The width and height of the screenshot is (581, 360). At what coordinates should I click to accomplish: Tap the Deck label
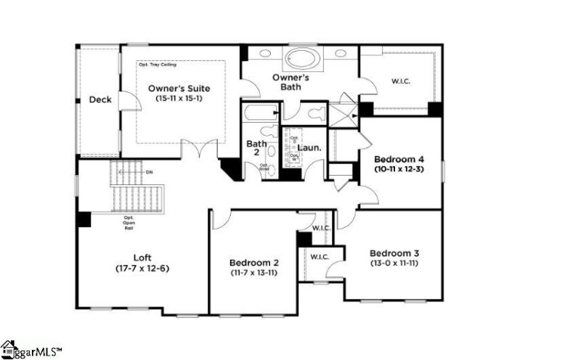tap(100, 99)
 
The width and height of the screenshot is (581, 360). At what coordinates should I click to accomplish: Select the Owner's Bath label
tap(291, 81)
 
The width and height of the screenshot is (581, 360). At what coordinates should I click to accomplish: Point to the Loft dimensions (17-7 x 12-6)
tap(142, 268)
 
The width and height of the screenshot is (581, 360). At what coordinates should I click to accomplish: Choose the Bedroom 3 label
tap(394, 253)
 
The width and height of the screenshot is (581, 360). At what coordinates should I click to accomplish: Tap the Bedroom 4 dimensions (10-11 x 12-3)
tap(399, 168)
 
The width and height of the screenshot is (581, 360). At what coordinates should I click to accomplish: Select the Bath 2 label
tap(256, 149)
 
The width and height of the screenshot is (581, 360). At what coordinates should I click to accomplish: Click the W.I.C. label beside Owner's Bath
tap(400, 81)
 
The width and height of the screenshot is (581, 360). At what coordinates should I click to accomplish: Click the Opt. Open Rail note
tap(129, 222)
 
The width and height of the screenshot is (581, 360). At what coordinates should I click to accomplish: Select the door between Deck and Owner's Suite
tap(129, 101)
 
